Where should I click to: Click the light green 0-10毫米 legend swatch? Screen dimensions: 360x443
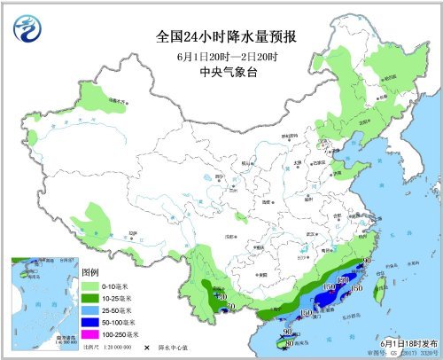[91, 286]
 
